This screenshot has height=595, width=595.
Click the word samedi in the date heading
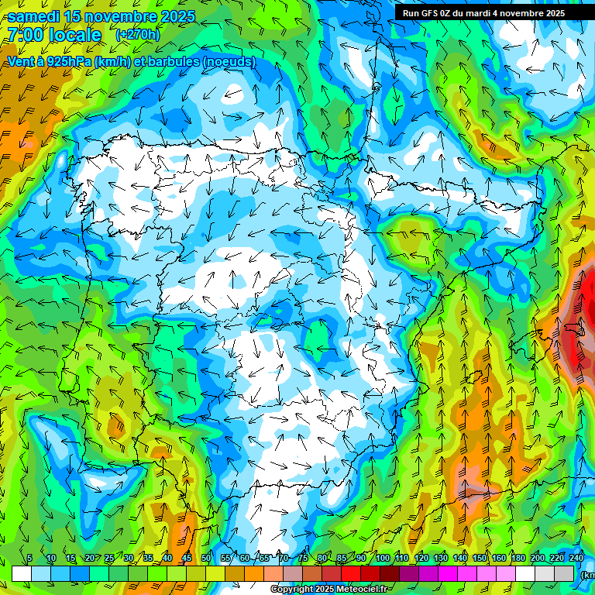34,16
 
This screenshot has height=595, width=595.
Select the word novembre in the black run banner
524,13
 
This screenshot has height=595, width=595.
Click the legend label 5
29,559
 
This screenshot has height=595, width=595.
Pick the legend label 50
205,559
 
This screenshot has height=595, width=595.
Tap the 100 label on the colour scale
382,559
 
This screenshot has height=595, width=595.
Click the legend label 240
576,559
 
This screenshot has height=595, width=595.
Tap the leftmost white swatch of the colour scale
22,573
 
